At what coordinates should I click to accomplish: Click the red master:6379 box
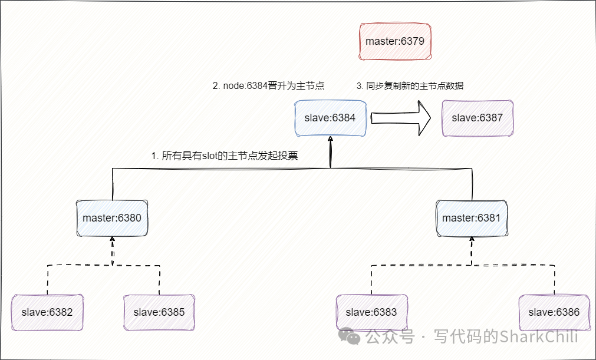395,41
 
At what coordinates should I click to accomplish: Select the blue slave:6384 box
330,118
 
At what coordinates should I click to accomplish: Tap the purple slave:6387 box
478,118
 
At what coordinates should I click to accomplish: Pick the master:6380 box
112,218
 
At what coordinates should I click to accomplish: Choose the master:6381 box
472,218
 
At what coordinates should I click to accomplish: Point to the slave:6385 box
159,312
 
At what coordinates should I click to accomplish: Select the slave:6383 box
371,312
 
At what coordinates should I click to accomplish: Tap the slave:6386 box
554,312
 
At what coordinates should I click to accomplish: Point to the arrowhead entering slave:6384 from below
331,141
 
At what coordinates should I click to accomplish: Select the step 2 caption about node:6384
268,85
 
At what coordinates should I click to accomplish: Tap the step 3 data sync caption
410,85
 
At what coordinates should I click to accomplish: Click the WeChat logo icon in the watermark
354,337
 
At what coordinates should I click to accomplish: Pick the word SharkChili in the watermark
539,337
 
